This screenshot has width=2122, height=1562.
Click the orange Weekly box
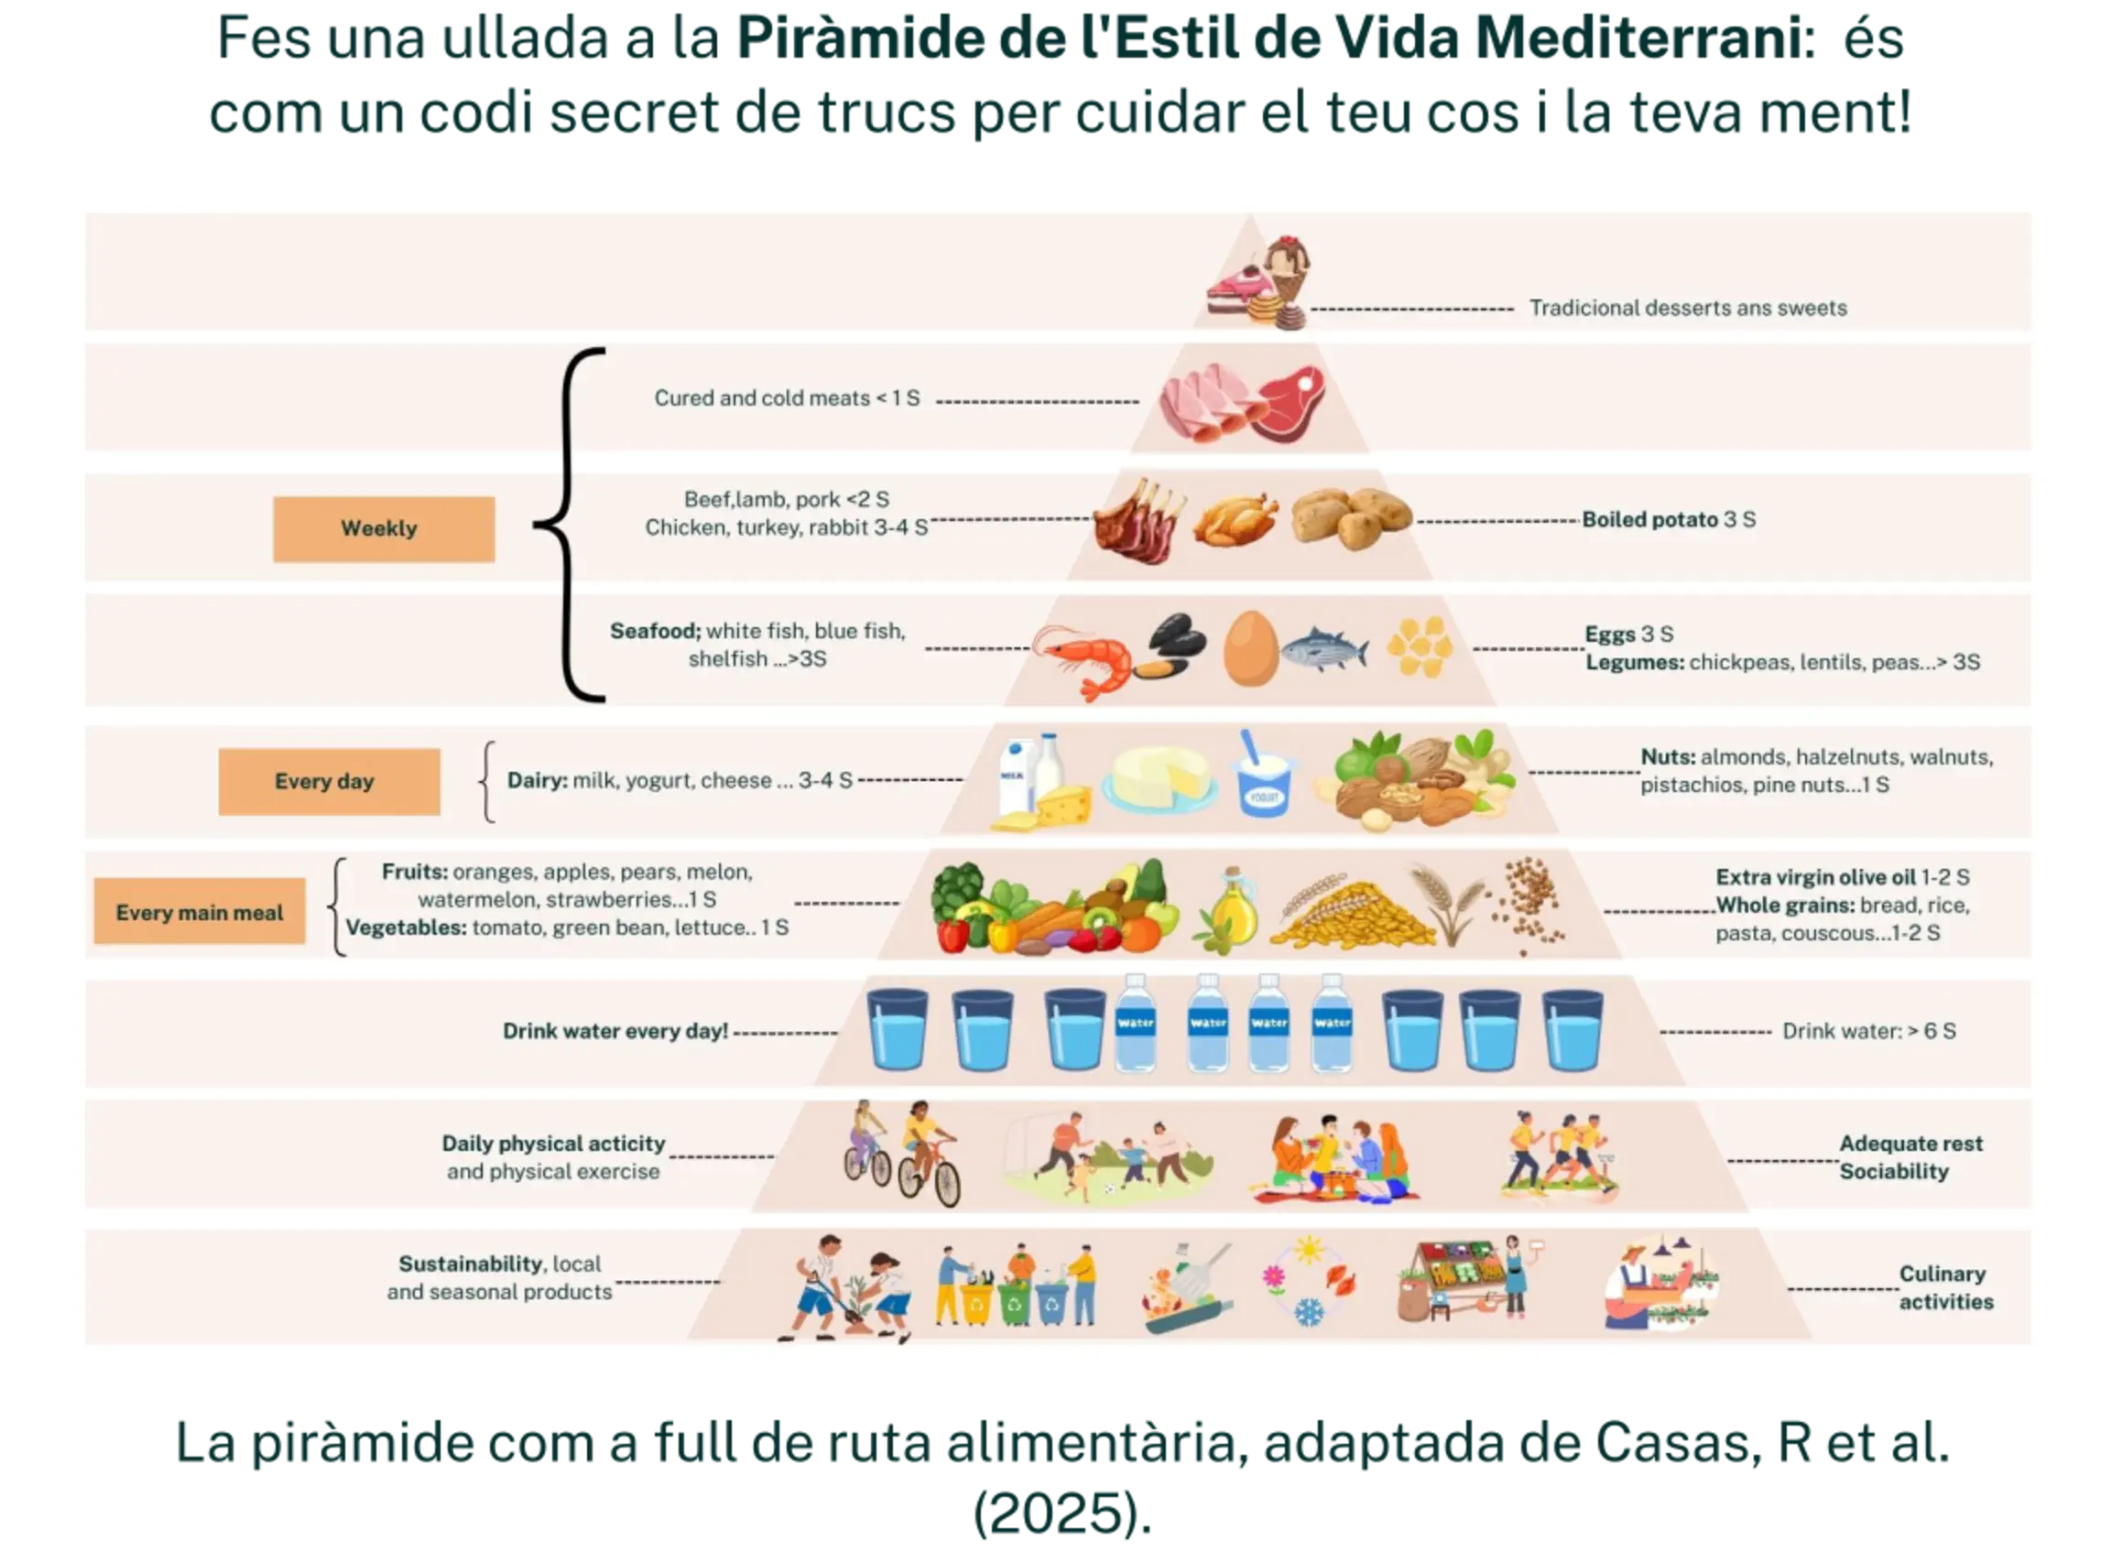pos(383,528)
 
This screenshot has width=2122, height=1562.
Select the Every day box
pos(329,781)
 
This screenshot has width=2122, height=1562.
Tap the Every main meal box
pos(200,912)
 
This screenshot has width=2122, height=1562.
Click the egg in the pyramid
pos(1250,647)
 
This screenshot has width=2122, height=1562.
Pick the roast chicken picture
pos(1234,520)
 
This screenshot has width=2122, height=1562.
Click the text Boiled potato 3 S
pos(1668,519)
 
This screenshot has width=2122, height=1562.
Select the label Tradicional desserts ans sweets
pos(1687,309)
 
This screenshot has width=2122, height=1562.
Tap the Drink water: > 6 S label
pos(1868,1031)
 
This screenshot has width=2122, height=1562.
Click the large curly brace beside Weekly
pos(570,525)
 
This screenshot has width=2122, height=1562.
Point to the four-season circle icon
pos(1309,1281)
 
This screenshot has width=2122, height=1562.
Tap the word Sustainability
pos(470,1264)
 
